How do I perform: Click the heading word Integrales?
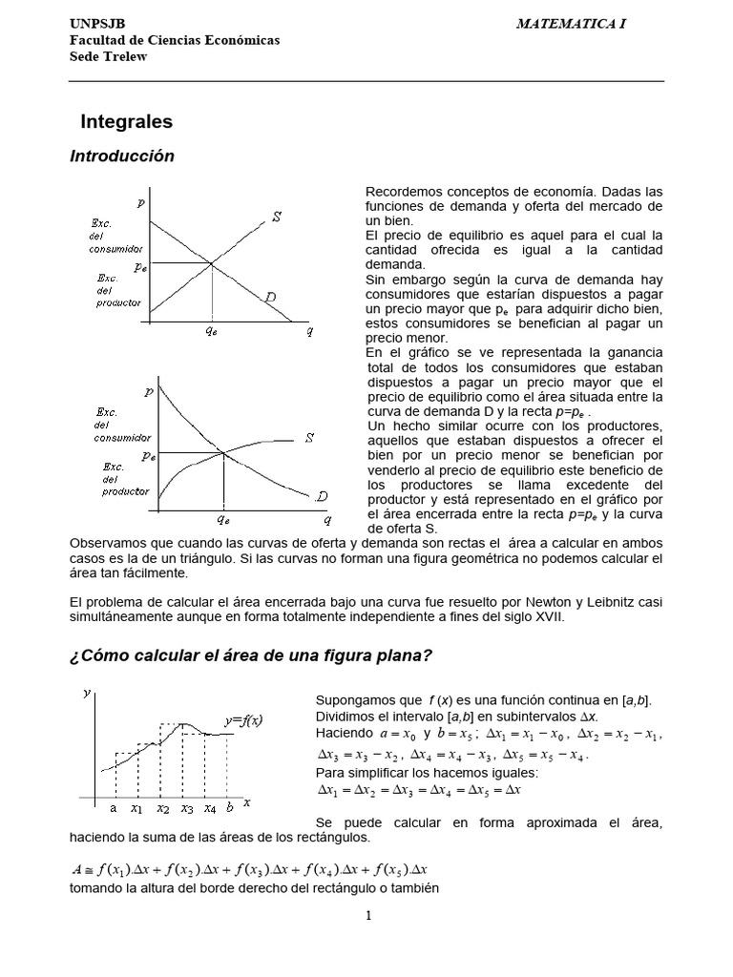[x=126, y=122]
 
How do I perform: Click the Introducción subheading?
[x=122, y=156]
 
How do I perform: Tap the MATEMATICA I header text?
[x=571, y=23]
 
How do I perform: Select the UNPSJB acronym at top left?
[x=97, y=23]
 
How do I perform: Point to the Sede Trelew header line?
[x=109, y=55]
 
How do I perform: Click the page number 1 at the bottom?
[x=366, y=916]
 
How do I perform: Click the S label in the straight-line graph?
[x=277, y=218]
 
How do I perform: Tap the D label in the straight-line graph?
[x=271, y=298]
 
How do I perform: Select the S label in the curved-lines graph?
[x=309, y=438]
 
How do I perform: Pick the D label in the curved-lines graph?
[x=322, y=496]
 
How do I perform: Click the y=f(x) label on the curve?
[x=244, y=719]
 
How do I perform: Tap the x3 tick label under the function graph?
[x=187, y=809]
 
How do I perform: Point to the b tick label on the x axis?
[x=230, y=808]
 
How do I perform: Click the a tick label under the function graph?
[x=113, y=808]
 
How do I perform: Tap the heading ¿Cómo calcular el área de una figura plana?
[x=252, y=656]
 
